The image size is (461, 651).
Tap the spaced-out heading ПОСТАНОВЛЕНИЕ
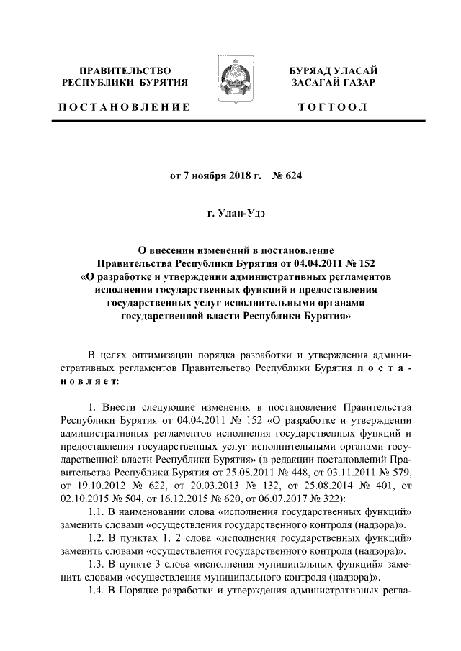pos(125,106)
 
